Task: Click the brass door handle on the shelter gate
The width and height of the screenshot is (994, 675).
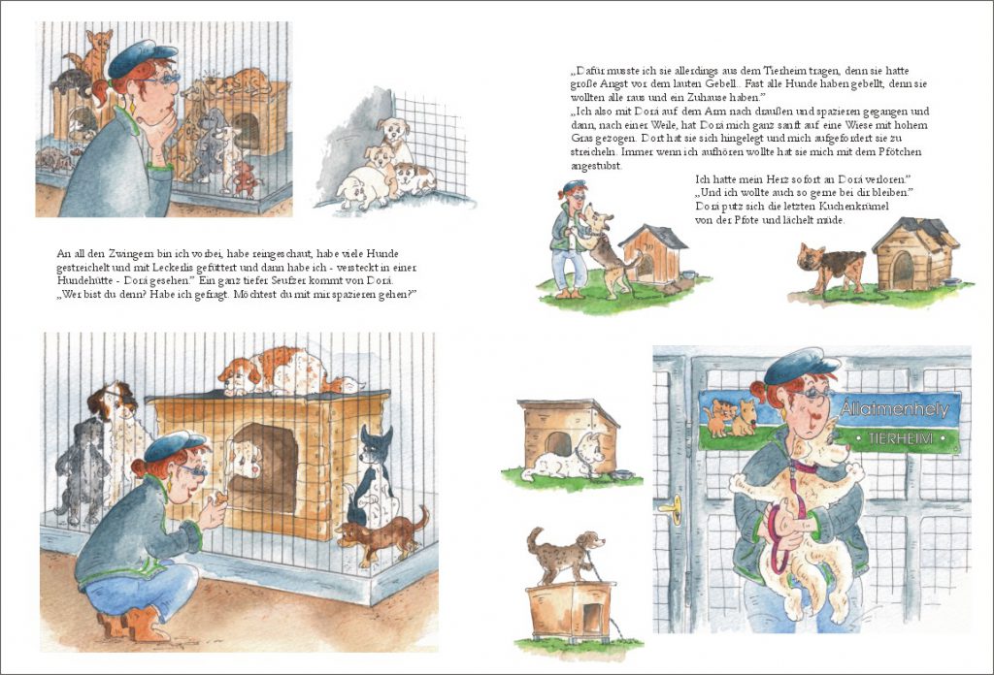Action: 672,508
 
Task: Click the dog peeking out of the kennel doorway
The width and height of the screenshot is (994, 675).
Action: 246,461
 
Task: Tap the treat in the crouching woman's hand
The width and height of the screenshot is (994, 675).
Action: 220,498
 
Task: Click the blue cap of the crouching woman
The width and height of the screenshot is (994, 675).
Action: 173,445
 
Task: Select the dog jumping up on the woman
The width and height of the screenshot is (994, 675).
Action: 607,249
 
